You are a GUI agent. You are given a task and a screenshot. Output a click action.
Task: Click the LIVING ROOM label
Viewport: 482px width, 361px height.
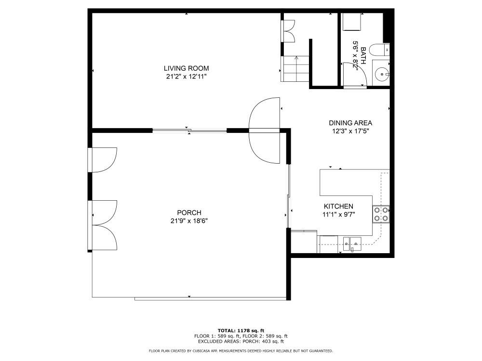point(186,68)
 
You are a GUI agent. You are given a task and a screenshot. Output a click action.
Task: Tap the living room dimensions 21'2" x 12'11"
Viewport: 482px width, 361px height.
point(186,76)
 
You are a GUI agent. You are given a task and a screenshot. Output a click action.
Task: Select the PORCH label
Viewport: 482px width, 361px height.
point(189,213)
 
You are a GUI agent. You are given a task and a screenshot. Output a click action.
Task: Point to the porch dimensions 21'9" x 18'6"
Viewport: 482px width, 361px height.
point(189,220)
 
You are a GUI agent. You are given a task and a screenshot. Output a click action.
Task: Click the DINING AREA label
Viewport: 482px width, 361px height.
point(350,123)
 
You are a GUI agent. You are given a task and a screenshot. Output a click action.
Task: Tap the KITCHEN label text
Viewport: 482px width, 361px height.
point(338,206)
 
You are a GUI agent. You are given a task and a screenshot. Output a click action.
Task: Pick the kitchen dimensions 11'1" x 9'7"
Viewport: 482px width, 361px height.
point(338,214)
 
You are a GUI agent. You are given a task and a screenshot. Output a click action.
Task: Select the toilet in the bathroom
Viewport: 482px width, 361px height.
point(384,49)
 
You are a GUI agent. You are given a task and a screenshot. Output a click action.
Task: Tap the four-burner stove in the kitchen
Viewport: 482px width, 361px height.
point(380,214)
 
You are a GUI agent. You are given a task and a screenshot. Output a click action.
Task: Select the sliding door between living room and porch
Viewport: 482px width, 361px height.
point(189,129)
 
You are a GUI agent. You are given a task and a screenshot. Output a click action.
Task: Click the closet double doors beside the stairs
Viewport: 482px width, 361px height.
point(288,31)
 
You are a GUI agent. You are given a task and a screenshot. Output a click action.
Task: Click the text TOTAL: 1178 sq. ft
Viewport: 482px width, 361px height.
point(241,330)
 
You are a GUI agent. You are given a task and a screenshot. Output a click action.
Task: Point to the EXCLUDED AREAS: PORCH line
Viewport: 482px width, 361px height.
point(241,341)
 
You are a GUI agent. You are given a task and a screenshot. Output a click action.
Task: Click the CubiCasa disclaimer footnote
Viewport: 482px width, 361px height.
point(241,351)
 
